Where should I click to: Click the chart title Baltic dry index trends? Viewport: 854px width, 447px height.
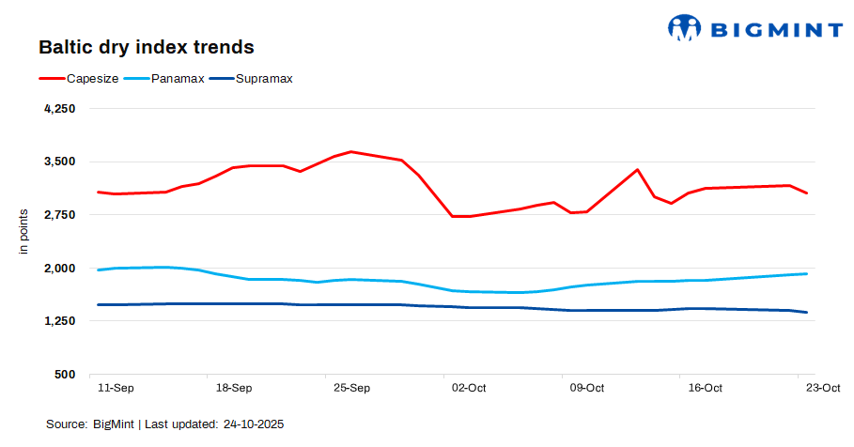click(146, 46)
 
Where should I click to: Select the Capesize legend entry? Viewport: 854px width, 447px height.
click(92, 79)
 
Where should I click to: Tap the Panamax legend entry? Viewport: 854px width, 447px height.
click(178, 79)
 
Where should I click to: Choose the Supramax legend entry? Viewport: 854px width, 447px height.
click(264, 79)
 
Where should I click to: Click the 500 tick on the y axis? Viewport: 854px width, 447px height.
click(65, 375)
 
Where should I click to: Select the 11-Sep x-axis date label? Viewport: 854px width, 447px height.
click(116, 388)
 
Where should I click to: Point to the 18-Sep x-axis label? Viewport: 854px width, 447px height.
click(234, 388)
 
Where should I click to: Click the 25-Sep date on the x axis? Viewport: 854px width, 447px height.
click(351, 388)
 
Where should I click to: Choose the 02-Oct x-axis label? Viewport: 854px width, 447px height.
click(469, 388)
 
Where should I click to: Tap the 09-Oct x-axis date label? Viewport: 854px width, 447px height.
click(587, 388)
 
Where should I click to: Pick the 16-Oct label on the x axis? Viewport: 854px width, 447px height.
click(705, 388)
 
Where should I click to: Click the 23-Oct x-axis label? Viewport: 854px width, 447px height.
click(823, 388)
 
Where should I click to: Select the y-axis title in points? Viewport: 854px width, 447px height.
click(24, 232)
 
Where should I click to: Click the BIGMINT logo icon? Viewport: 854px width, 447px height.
click(684, 27)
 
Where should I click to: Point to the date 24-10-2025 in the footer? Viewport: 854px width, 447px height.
click(253, 424)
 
